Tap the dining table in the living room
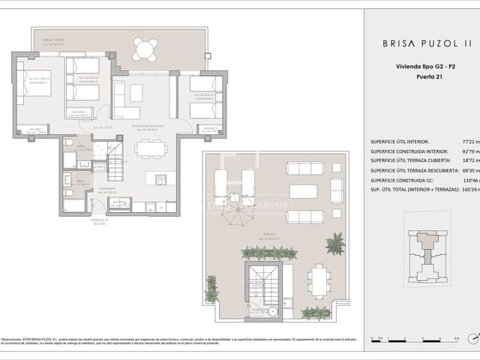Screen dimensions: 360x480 coord(151,148)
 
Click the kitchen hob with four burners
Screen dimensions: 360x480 coord(160,179)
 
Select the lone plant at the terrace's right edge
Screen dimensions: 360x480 coord(334,243)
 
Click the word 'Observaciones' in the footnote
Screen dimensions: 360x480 coord(14,340)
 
